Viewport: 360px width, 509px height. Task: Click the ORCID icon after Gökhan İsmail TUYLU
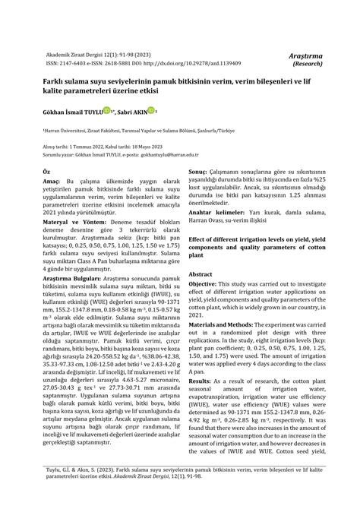pos(107,110)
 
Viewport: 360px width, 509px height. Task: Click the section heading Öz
pos(46,172)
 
